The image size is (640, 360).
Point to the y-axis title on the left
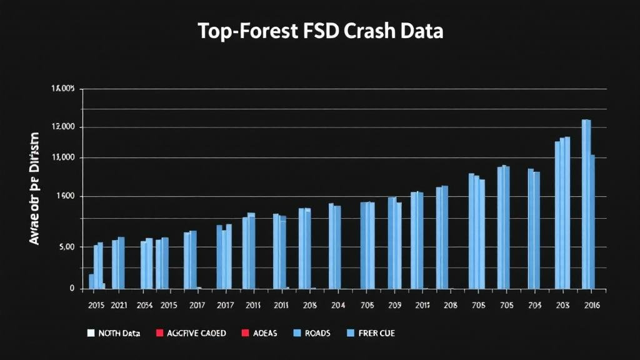(x=34, y=188)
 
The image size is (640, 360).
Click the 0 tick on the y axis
(x=72, y=289)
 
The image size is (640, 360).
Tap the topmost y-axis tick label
(x=62, y=89)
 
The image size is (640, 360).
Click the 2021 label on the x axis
(x=119, y=306)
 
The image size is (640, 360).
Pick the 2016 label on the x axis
(x=591, y=306)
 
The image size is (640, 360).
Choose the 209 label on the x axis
(x=394, y=306)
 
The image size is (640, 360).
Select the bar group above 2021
(x=118, y=263)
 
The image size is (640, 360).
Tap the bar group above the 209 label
(x=394, y=243)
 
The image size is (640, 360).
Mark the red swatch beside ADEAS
(x=245, y=333)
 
